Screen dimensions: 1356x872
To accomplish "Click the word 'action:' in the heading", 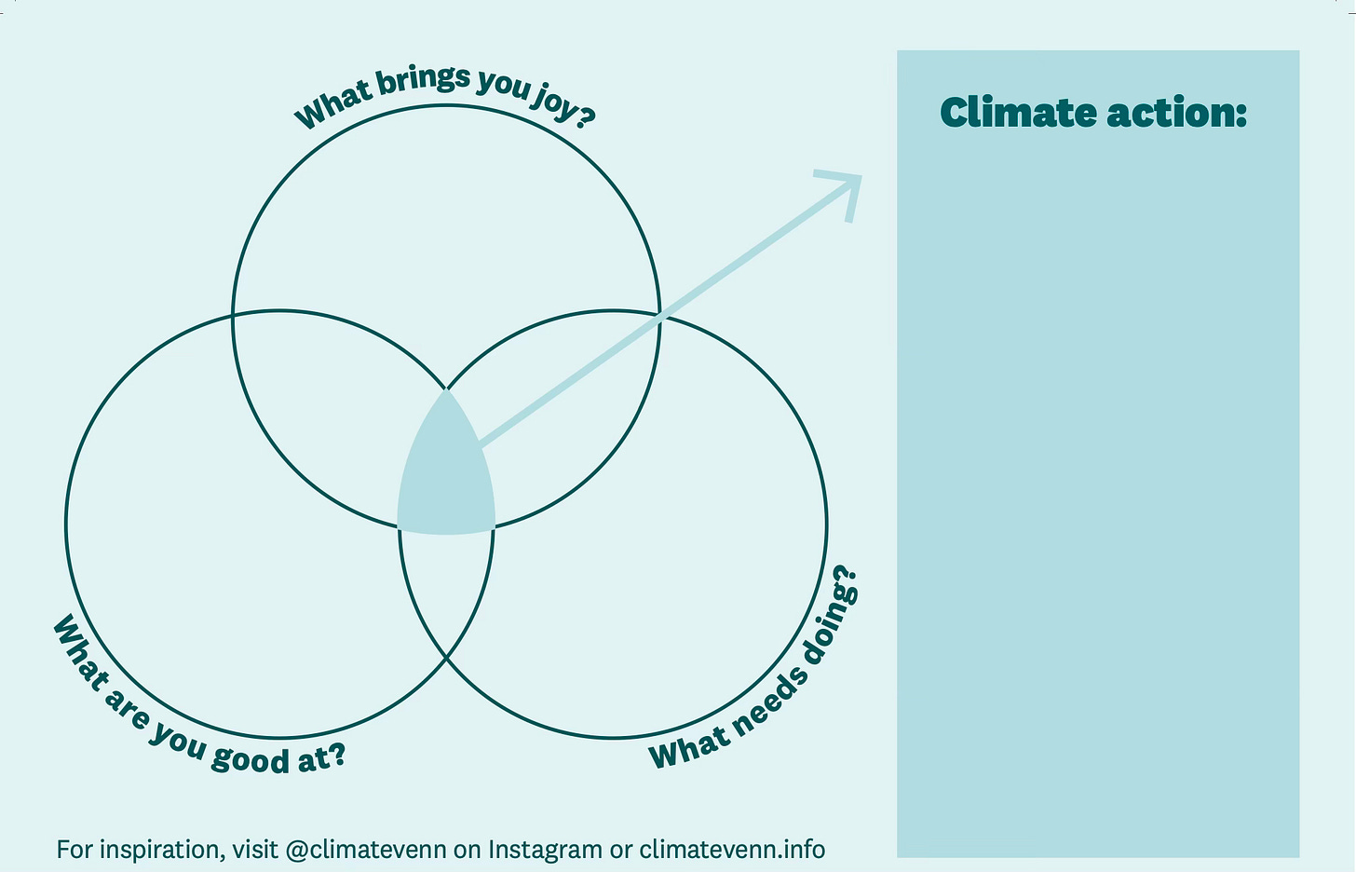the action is [1176, 113].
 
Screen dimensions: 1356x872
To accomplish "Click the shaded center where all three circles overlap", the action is [446, 480].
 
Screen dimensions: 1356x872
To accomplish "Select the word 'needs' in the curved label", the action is [766, 702].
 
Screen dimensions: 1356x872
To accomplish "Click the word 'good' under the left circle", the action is [251, 758].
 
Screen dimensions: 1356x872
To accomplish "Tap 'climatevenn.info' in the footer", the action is [732, 850].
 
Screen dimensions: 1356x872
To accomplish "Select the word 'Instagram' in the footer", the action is [545, 850].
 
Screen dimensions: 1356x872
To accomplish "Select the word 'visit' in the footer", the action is [255, 850].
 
